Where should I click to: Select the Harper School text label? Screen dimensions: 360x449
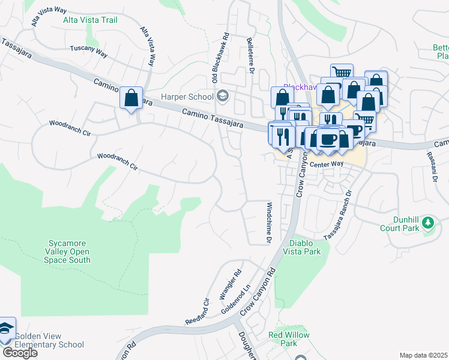tap(187, 97)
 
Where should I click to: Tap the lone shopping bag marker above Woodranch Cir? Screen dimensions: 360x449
tap(131, 98)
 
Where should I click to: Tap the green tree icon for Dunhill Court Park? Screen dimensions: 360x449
tap(428, 223)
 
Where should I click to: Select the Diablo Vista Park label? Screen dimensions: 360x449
tap(305, 247)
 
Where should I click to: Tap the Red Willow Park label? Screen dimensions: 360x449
tap(289, 339)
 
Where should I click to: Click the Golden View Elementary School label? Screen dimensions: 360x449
tap(49, 341)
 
